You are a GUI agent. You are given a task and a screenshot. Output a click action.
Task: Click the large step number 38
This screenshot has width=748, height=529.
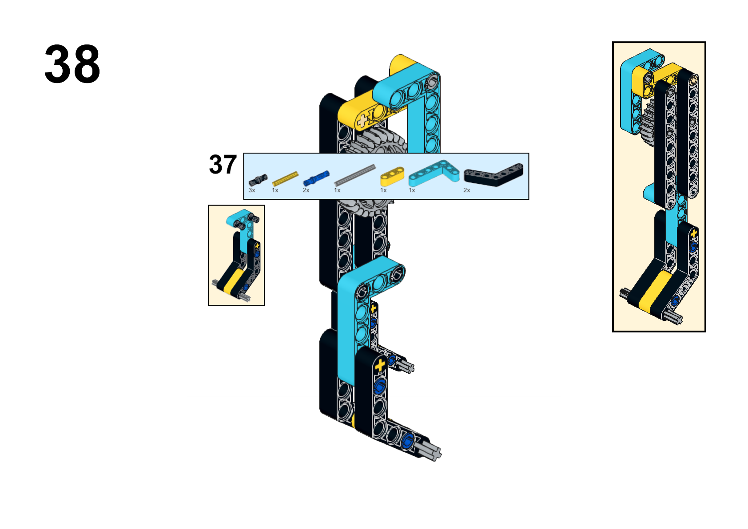(72, 64)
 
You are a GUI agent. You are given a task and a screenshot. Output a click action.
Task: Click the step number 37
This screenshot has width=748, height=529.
(223, 165)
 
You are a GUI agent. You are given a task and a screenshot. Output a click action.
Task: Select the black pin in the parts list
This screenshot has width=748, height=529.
(258, 180)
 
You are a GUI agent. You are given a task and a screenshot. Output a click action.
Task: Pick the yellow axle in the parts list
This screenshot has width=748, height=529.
(285, 178)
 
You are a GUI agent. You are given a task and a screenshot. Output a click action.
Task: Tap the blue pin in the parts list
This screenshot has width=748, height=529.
(316, 178)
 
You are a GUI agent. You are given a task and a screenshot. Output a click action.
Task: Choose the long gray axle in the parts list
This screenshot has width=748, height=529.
(354, 175)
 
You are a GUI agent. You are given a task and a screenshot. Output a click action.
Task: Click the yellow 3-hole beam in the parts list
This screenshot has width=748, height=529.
(392, 177)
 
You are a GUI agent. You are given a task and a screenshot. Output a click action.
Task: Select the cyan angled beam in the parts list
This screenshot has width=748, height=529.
(434, 173)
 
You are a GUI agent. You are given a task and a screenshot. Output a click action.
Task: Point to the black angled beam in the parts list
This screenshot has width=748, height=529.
(493, 174)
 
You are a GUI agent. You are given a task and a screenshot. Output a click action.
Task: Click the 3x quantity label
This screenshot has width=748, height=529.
(252, 190)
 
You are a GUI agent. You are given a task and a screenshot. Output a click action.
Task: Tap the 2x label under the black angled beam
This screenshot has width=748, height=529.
(467, 190)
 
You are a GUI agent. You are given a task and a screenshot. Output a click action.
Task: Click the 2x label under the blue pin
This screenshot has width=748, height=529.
(306, 190)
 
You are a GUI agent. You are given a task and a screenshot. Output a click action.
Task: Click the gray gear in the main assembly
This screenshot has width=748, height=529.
(374, 141)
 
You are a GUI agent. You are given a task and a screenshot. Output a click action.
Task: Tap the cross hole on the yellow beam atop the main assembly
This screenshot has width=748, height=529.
(362, 120)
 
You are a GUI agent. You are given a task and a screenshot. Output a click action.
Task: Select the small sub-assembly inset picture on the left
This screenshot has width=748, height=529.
(236, 256)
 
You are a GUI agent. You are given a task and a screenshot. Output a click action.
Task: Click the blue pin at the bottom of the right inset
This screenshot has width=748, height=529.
(675, 301)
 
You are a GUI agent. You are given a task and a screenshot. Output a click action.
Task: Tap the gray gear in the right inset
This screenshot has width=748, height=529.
(648, 123)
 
